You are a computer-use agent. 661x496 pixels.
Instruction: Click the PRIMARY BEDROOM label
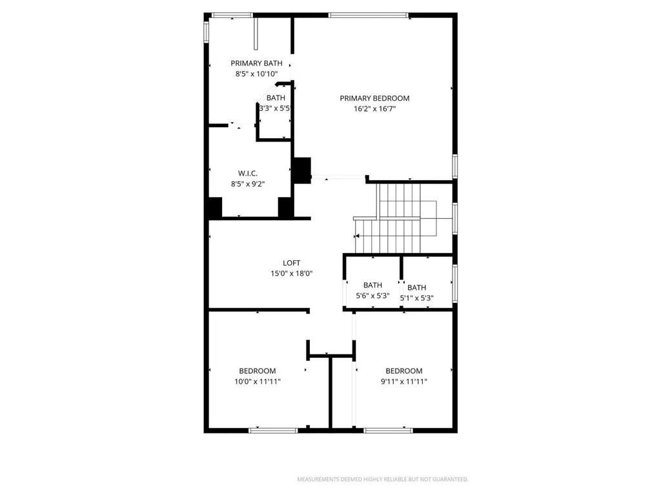pyautogui.click(x=374, y=98)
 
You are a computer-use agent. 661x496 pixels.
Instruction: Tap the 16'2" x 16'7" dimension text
pyautogui.click(x=374, y=109)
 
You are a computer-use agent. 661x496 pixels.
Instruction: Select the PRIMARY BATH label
pyautogui.click(x=256, y=63)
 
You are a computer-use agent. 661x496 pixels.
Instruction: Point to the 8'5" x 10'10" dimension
pyautogui.click(x=256, y=74)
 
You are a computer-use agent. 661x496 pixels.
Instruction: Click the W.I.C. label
pyautogui.click(x=248, y=173)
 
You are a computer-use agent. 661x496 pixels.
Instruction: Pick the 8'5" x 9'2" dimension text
pyautogui.click(x=248, y=184)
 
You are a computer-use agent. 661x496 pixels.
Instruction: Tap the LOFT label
pyautogui.click(x=291, y=263)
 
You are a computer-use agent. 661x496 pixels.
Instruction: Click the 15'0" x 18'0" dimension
pyautogui.click(x=291, y=274)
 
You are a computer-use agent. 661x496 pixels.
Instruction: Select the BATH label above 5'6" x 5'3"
pyautogui.click(x=372, y=285)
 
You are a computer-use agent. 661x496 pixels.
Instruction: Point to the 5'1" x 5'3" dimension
pyautogui.click(x=416, y=298)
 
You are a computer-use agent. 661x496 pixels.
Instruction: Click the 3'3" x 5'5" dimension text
pyautogui.click(x=276, y=108)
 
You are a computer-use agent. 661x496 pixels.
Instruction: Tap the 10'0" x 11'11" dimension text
pyautogui.click(x=257, y=382)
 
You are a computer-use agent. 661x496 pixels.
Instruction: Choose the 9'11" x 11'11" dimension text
pyautogui.click(x=403, y=382)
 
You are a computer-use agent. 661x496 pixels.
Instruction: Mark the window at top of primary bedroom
pyautogui.click(x=369, y=15)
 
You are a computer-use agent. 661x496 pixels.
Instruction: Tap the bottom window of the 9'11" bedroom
pyautogui.click(x=388, y=429)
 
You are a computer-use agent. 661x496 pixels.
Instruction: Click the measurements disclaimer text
pyautogui.click(x=382, y=479)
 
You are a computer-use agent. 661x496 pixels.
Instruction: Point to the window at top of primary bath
pyautogui.click(x=232, y=15)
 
